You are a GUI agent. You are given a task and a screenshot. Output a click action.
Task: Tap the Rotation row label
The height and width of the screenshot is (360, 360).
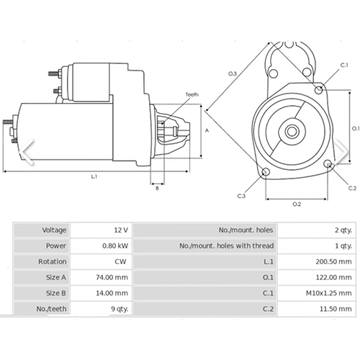click(53, 261)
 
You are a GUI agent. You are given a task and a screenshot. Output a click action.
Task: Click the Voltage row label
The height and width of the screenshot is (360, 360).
click(54, 230)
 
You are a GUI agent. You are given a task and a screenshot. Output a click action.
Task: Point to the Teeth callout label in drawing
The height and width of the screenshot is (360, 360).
click(192, 94)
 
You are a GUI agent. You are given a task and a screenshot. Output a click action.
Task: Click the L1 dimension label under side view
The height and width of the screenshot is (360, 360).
click(94, 176)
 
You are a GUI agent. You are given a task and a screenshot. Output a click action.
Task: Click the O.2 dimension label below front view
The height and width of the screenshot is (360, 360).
click(297, 204)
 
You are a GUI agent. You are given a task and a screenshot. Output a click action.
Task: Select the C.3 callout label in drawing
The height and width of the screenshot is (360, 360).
click(240, 196)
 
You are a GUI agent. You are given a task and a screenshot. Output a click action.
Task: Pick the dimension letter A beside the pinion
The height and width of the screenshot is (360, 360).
click(207, 130)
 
